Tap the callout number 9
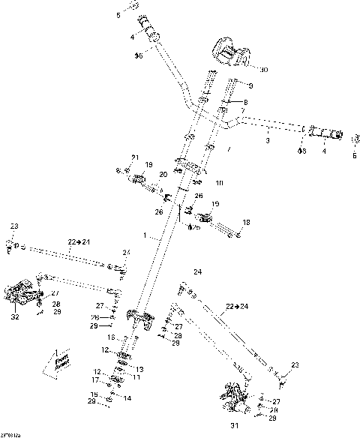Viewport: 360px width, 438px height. point(250,86)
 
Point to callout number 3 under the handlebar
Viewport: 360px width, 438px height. point(268,139)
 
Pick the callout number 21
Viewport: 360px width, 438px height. point(136,157)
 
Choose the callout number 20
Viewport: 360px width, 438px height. point(163,175)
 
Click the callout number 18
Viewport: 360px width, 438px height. point(247,223)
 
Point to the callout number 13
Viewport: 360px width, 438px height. point(139,370)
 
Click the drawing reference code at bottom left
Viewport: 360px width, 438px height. point(10,434)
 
